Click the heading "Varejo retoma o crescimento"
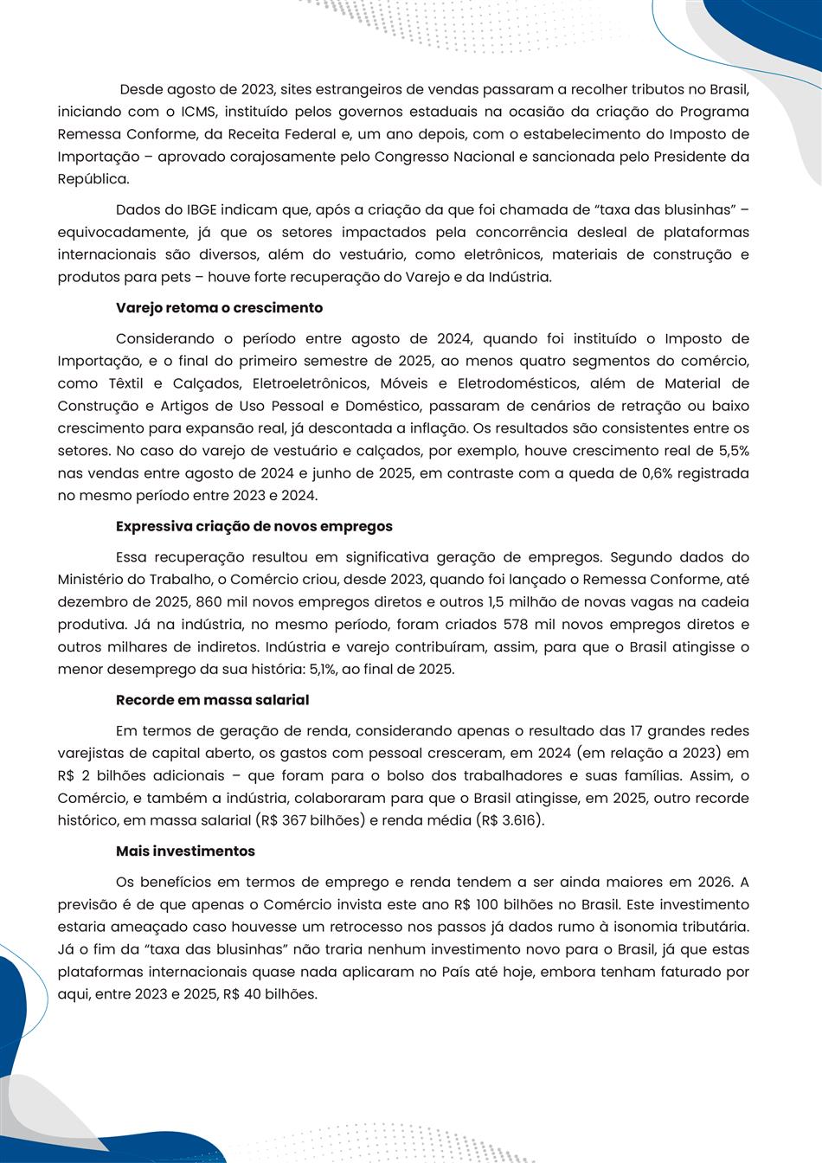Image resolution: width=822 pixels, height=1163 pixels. pos(219,308)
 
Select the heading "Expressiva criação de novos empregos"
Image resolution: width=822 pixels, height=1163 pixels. pos(254,526)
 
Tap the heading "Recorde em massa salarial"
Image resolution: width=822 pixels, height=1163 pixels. pos(212,699)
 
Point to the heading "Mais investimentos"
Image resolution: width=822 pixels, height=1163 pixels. pos(185,851)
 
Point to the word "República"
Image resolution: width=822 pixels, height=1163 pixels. pos(93,179)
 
